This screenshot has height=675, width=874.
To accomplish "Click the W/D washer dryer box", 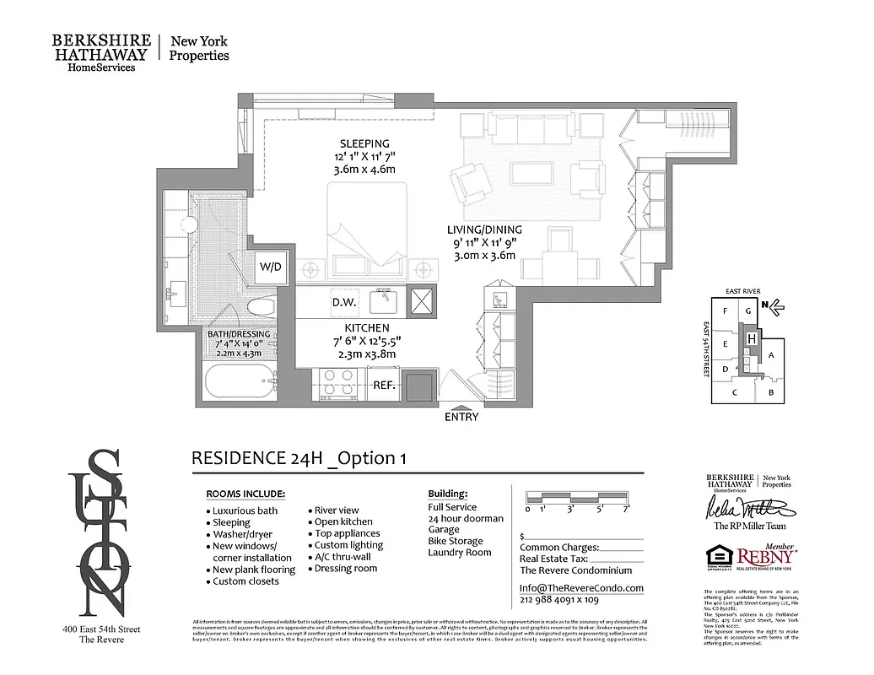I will [x=271, y=267].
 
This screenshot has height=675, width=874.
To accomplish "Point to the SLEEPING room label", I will [x=364, y=143].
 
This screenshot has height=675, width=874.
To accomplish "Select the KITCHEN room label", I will [x=366, y=328].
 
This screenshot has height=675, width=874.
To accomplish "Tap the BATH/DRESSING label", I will [x=239, y=334].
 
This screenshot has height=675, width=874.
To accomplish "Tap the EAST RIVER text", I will [x=742, y=291].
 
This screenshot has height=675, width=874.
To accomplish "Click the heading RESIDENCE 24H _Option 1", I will [x=299, y=458].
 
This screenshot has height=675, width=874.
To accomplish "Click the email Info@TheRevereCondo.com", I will [x=581, y=588].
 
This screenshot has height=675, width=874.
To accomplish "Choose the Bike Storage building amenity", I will [x=456, y=541].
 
